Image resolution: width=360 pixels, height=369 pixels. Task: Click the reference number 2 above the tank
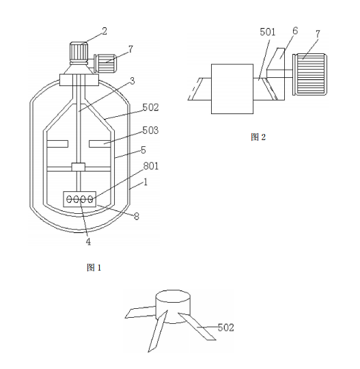pyautogui.click(x=105, y=31)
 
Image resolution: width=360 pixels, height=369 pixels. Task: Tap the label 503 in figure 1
pyautogui.click(x=150, y=130)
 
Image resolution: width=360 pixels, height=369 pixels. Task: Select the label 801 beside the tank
pyautogui.click(x=151, y=166)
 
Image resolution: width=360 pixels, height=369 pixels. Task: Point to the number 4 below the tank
pyautogui.click(x=88, y=242)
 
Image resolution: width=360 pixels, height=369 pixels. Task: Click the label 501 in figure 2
pyautogui.click(x=268, y=32)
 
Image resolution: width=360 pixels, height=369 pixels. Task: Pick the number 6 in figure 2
pyautogui.click(x=295, y=31)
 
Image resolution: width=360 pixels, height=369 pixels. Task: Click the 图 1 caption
pyautogui.click(x=94, y=267)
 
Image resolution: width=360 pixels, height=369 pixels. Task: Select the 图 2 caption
pyautogui.click(x=258, y=137)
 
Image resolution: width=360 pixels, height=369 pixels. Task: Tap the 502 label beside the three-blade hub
pyautogui.click(x=226, y=327)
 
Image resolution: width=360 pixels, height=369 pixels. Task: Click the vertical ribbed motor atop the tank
pyautogui.click(x=79, y=53)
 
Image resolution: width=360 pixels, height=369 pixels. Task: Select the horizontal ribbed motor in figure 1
pyautogui.click(x=105, y=63)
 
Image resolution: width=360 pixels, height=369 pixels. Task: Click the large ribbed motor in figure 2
pyautogui.click(x=309, y=74)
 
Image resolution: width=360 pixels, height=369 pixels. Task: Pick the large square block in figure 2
pyautogui.click(x=232, y=89)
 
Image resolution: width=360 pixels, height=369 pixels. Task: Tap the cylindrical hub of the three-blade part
pyautogui.click(x=173, y=306)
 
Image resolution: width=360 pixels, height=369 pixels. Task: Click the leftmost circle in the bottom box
pyautogui.click(x=70, y=200)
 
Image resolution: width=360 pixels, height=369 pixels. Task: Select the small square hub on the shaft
pyautogui.click(x=79, y=167)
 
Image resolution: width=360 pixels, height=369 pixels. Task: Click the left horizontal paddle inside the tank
pyautogui.click(x=57, y=143)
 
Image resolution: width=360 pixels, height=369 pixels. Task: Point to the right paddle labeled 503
pyautogui.click(x=100, y=143)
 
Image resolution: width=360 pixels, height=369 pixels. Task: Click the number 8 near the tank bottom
pyautogui.click(x=137, y=217)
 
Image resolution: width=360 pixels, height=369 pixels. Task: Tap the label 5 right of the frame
pyautogui.click(x=143, y=150)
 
